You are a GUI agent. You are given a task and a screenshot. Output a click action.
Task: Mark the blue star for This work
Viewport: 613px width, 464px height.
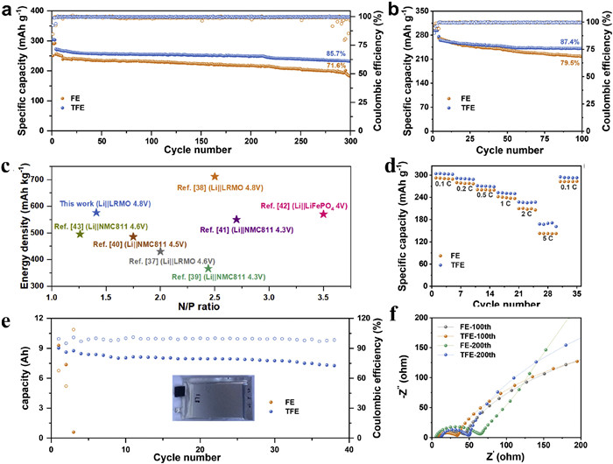pyautogui.click(x=96, y=213)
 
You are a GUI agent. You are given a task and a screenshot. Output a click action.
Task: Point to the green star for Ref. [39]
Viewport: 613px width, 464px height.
pyautogui.click(x=208, y=268)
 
